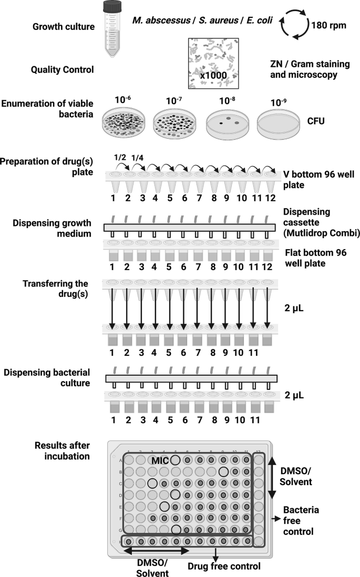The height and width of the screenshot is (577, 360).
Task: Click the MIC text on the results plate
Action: point(159,460)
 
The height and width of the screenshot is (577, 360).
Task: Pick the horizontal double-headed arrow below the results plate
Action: point(155,550)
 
